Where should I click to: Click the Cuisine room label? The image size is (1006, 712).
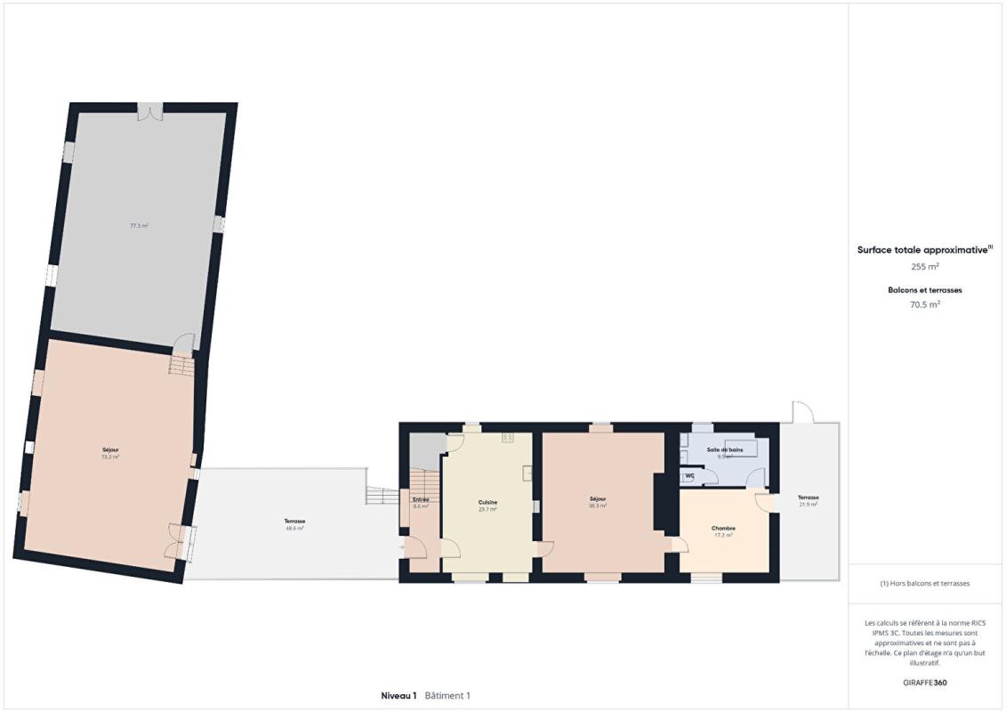tap(487, 502)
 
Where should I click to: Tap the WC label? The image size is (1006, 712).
tap(689, 476)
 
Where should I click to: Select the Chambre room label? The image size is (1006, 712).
tap(723, 528)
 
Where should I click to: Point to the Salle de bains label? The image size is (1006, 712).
tap(724, 449)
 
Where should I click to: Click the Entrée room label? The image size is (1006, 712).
tap(421, 499)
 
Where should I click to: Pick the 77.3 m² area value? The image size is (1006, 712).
tap(139, 226)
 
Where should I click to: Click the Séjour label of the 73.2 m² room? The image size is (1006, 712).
tap(110, 449)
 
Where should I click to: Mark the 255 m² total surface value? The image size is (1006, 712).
tap(925, 266)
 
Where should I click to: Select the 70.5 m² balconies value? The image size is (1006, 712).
tap(925, 303)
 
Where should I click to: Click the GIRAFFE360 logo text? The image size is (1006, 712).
tap(925, 684)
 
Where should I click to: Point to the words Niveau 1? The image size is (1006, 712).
tap(398, 695)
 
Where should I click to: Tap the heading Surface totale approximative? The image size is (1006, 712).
tap(923, 250)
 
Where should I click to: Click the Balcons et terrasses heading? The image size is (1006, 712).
tap(925, 290)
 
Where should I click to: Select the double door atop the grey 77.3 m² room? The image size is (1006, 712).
tap(150, 110)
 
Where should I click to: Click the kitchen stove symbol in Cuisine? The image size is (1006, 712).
tap(508, 437)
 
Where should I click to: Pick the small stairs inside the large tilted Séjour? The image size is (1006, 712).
tap(181, 365)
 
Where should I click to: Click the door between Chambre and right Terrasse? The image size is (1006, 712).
tap(765, 501)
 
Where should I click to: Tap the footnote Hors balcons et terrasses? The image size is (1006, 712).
tap(925, 584)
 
